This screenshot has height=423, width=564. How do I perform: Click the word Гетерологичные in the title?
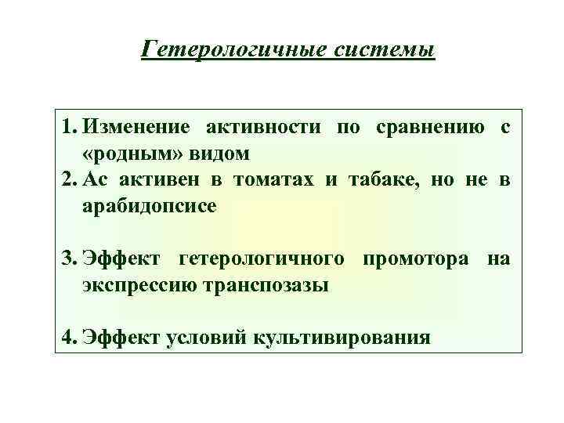pos(222,51)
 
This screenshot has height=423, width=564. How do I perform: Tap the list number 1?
pos(70,127)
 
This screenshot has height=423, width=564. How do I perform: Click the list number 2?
pos(70,180)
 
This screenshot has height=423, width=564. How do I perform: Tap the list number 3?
pos(70,258)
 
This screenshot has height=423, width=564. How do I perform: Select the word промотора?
pos(417,258)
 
